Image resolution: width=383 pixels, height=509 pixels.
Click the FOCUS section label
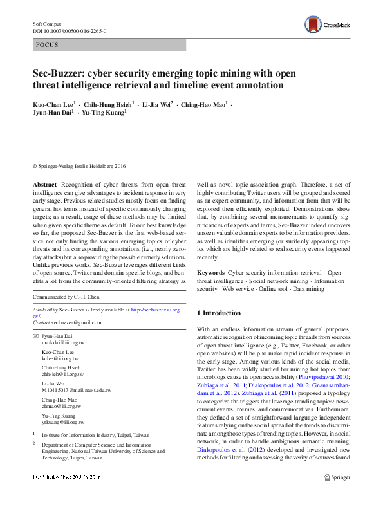(x=47, y=45)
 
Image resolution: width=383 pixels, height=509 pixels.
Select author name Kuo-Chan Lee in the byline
(x=53, y=103)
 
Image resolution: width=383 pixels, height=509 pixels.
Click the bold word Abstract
(x=44, y=185)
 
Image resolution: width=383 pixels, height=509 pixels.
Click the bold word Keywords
(x=210, y=273)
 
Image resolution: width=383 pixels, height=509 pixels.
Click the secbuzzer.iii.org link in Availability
(x=156, y=310)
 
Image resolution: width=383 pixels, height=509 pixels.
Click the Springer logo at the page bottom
(x=337, y=495)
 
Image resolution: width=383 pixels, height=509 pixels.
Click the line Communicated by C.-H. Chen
(x=68, y=297)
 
